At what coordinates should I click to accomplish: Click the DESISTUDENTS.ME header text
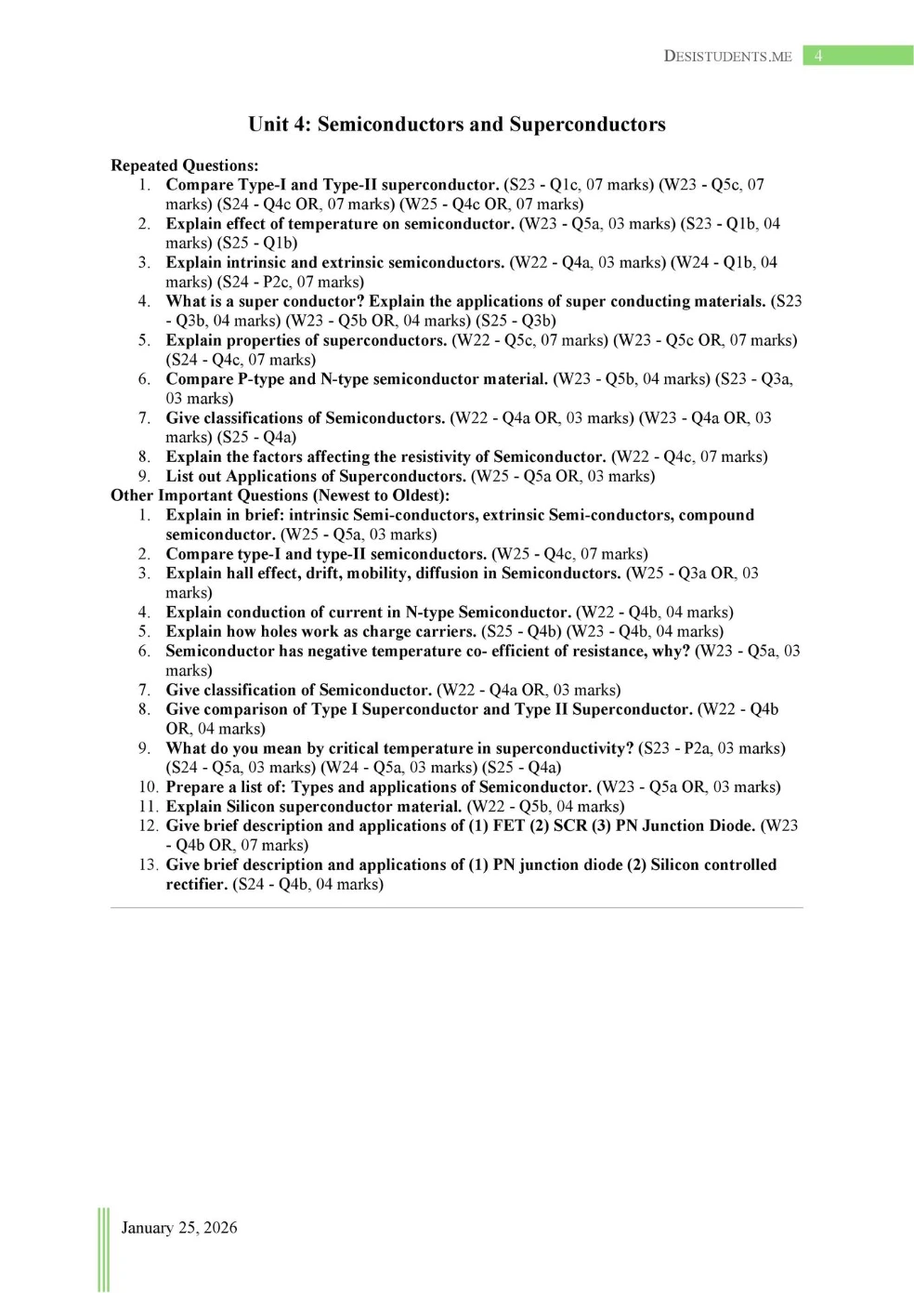pos(727,56)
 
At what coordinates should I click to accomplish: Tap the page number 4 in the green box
pos(818,56)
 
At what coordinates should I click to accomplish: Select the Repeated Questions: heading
pos(185,165)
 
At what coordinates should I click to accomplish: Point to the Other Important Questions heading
pos(280,495)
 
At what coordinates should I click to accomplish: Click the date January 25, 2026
pos(179,1227)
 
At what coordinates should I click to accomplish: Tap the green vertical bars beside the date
pos(103,1249)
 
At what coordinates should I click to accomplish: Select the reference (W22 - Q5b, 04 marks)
pos(545,806)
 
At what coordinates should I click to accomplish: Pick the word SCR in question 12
pos(570,825)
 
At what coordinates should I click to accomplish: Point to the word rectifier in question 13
pos(196,884)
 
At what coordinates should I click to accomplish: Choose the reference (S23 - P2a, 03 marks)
pos(712,748)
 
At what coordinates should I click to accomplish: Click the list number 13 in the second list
pos(148,864)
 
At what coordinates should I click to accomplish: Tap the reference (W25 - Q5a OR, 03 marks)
pos(563,476)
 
